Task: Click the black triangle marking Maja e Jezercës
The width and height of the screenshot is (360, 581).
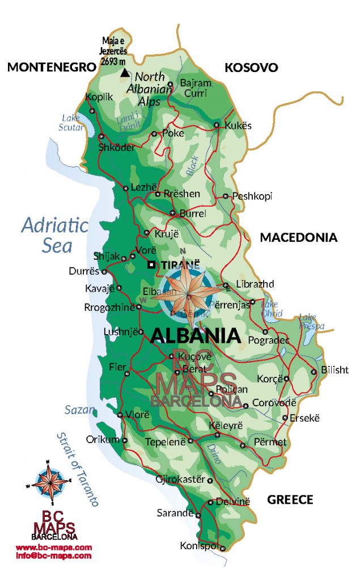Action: (125, 73)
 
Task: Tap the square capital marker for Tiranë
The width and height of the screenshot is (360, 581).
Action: (151, 264)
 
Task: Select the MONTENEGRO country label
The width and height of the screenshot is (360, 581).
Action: (52, 68)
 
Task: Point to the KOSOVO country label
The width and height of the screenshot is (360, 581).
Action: (251, 68)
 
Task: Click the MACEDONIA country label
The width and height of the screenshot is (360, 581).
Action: (298, 238)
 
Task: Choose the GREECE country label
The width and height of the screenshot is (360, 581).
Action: (290, 500)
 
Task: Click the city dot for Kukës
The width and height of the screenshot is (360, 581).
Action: (217, 125)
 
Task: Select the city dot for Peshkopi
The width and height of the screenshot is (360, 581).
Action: (226, 196)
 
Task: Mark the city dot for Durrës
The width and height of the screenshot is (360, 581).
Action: (104, 271)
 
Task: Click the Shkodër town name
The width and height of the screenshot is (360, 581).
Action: (117, 148)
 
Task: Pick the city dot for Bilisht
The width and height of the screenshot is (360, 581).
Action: (314, 372)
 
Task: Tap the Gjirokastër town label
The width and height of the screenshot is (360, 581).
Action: (180, 480)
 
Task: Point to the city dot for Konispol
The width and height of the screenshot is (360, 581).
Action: (223, 548)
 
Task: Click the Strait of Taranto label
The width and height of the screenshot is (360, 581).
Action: (78, 469)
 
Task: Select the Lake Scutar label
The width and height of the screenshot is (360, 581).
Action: (71, 123)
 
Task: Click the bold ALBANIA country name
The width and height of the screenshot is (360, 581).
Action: (196, 336)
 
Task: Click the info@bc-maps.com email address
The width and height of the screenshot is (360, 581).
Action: (53, 556)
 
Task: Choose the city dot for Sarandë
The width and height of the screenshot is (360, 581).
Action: (198, 515)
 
